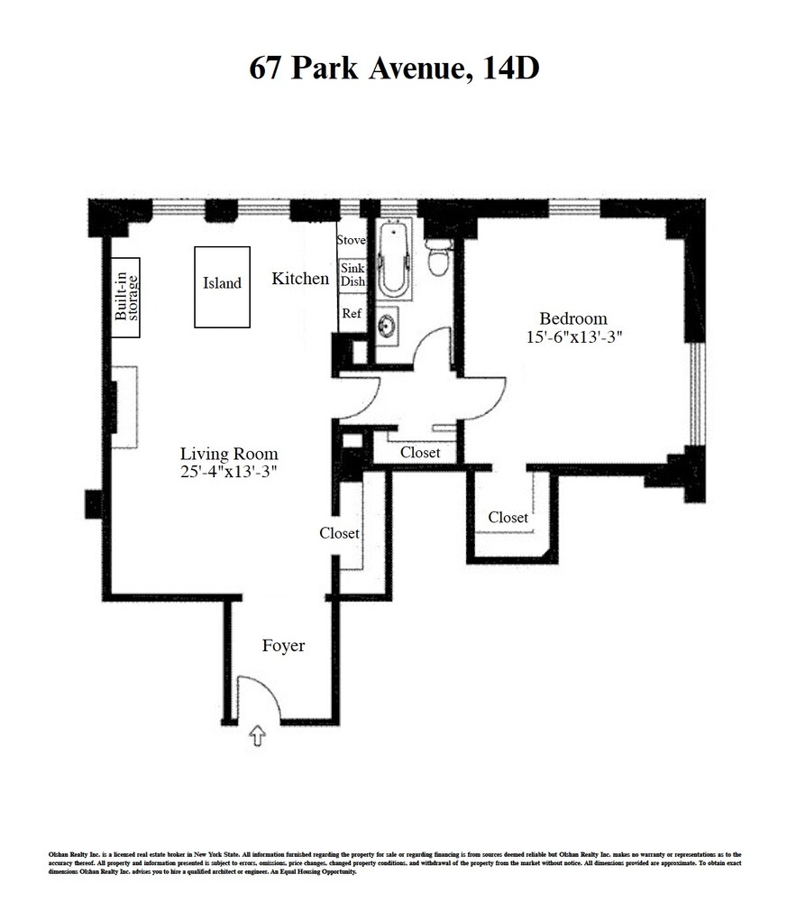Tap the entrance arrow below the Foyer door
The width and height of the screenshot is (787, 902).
[258, 737]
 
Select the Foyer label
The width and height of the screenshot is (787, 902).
[283, 646]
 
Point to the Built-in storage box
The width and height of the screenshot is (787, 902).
[125, 298]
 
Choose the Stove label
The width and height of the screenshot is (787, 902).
[351, 240]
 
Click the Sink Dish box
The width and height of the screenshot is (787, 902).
[352, 275]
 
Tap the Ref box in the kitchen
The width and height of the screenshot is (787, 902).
[351, 314]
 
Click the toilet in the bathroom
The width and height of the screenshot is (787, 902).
[438, 257]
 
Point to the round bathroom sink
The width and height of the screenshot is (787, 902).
[388, 324]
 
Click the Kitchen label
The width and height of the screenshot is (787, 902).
[300, 279]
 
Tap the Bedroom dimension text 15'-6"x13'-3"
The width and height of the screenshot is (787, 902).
[574, 337]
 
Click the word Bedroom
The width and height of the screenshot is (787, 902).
[573, 318]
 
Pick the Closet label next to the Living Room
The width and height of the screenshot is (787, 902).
[340, 533]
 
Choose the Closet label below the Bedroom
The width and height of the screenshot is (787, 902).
[508, 517]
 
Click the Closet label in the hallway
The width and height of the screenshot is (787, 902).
[420, 452]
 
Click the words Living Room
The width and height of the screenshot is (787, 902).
[229, 454]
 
